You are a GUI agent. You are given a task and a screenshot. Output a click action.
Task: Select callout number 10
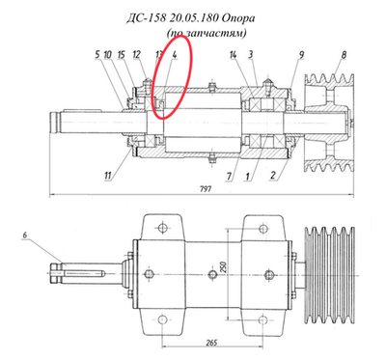[109, 56]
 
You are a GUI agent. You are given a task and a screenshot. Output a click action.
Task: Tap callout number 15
[122, 56]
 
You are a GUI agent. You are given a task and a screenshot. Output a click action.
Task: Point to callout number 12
[137, 56]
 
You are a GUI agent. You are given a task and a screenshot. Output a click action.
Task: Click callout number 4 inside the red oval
[174, 56]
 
